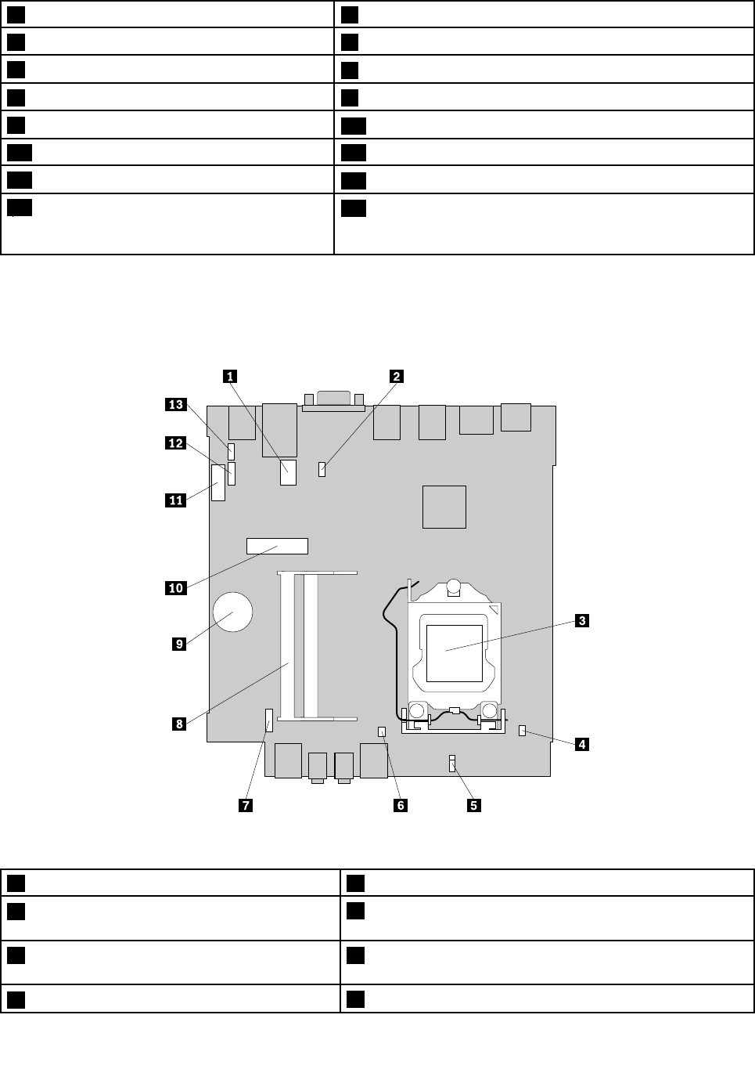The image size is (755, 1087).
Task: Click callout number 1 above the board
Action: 229,377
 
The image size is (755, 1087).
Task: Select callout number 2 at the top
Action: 397,377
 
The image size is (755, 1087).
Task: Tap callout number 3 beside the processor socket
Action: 581,621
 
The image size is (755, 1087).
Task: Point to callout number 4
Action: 581,744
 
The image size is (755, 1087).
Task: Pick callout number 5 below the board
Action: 473,805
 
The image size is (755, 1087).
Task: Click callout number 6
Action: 400,805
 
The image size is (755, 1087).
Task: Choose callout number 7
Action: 246,805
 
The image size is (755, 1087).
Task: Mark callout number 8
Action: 179,724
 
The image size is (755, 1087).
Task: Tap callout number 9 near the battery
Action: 179,644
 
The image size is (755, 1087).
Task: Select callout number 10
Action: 176,587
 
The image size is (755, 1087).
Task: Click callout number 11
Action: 176,500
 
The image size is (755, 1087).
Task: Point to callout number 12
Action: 176,443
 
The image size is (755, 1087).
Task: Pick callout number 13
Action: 176,404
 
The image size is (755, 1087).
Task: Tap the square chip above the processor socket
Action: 444,507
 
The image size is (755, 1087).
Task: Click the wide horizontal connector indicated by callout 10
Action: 277,546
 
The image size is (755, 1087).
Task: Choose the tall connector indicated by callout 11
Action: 218,483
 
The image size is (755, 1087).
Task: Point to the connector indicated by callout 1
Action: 289,473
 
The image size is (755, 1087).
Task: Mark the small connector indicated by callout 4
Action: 522,731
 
